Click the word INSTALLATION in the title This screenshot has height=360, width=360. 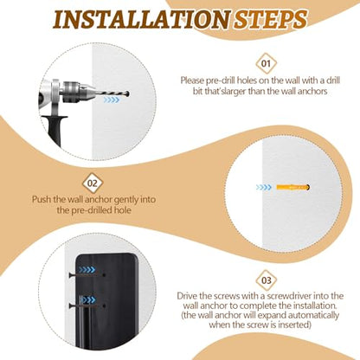point(142,20)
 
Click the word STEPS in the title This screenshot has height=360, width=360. point(270,20)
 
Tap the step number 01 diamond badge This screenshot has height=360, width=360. point(266,63)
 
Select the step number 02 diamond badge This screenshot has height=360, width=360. point(93,183)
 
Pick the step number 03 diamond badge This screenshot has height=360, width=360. point(267,280)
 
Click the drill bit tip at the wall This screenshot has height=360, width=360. point(128,93)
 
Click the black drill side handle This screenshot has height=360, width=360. point(55,130)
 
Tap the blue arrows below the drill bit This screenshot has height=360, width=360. point(112,100)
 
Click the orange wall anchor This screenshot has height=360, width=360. point(292,188)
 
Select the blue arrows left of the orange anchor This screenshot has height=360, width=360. point(264,188)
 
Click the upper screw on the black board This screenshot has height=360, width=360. point(87,275)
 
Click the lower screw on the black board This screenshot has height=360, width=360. point(87,305)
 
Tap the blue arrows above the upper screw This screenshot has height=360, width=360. point(87,270)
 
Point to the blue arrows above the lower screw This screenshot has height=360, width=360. point(87,299)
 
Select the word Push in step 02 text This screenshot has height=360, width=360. point(42,199)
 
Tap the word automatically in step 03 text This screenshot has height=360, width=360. point(313,315)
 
